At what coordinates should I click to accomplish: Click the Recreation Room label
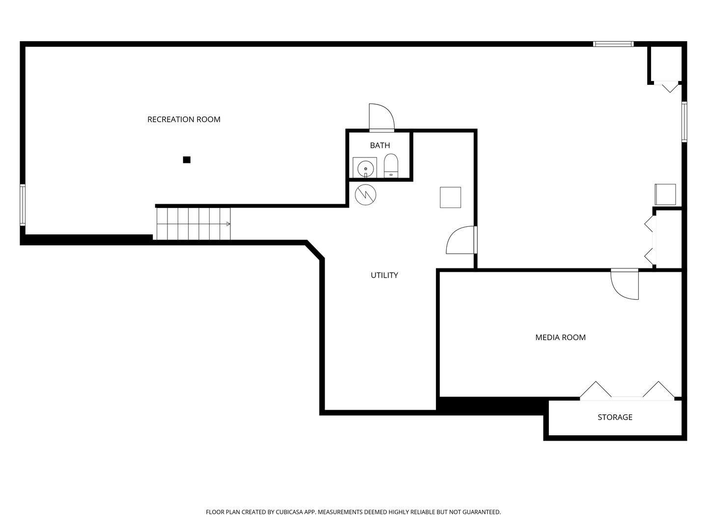[x=184, y=119]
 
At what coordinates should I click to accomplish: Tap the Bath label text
[x=380, y=145]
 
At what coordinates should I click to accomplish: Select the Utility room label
[x=384, y=275]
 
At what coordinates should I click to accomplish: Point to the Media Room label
[x=560, y=337]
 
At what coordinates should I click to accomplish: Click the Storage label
[x=615, y=417]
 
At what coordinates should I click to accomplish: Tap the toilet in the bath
[x=391, y=166]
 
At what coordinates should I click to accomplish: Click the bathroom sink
[x=365, y=168]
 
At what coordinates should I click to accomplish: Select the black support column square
[x=187, y=159]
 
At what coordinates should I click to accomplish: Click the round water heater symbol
[x=366, y=194]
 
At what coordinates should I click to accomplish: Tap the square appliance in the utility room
[x=450, y=197]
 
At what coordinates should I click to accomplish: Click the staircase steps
[x=193, y=224]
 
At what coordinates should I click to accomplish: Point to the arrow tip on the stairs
[x=228, y=224]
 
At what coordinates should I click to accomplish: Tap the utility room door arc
[x=461, y=240]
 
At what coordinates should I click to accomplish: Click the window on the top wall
[x=613, y=44]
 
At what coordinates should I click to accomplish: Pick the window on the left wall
[x=23, y=204]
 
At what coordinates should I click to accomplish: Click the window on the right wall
[x=684, y=121]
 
